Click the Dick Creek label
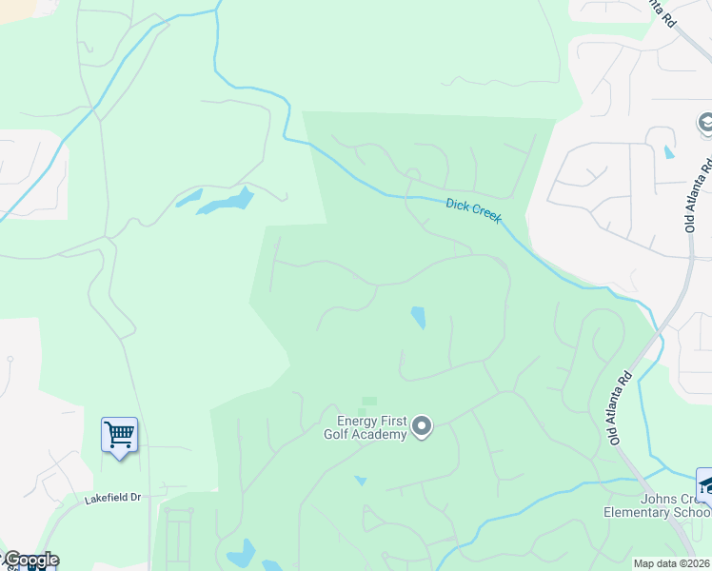click(x=474, y=210)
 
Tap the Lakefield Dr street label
click(x=112, y=498)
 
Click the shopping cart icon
click(x=120, y=435)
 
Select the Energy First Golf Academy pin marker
click(x=422, y=427)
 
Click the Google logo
click(x=30, y=561)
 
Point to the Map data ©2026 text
click(x=671, y=563)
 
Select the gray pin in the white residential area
click(x=705, y=123)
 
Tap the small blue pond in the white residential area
click(x=669, y=152)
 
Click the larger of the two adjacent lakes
click(x=229, y=202)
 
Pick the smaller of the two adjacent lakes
click(x=188, y=199)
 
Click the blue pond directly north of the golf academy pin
click(x=418, y=318)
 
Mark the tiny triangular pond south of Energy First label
click(x=360, y=481)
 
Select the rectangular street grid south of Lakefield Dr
click(x=179, y=537)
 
